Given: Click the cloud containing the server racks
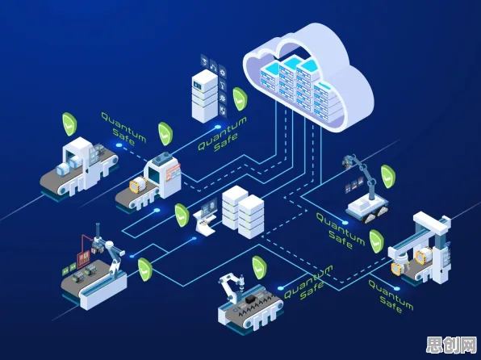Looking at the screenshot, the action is coord(308,80).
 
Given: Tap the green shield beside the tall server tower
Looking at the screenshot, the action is coord(240,98).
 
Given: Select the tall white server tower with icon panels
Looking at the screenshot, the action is coord(205,96).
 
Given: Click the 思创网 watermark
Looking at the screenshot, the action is coord(451,345).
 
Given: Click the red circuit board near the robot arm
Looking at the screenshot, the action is coord(83,258).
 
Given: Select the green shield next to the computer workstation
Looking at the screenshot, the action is coord(182,216).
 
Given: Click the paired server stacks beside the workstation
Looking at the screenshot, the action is coord(243,211).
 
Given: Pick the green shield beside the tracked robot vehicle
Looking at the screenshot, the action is coord(388,177).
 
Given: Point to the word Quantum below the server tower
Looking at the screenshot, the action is coord(223,133).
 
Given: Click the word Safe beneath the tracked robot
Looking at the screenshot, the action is coord(341,240).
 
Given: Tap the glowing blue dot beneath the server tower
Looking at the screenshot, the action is coord(218,127).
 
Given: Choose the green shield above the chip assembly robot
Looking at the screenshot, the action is coord(259,268).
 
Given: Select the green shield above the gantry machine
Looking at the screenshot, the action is coord(376,241).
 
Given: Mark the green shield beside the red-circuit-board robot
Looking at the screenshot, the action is coord(144,270).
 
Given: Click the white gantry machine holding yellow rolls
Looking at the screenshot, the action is coord(420,249).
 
